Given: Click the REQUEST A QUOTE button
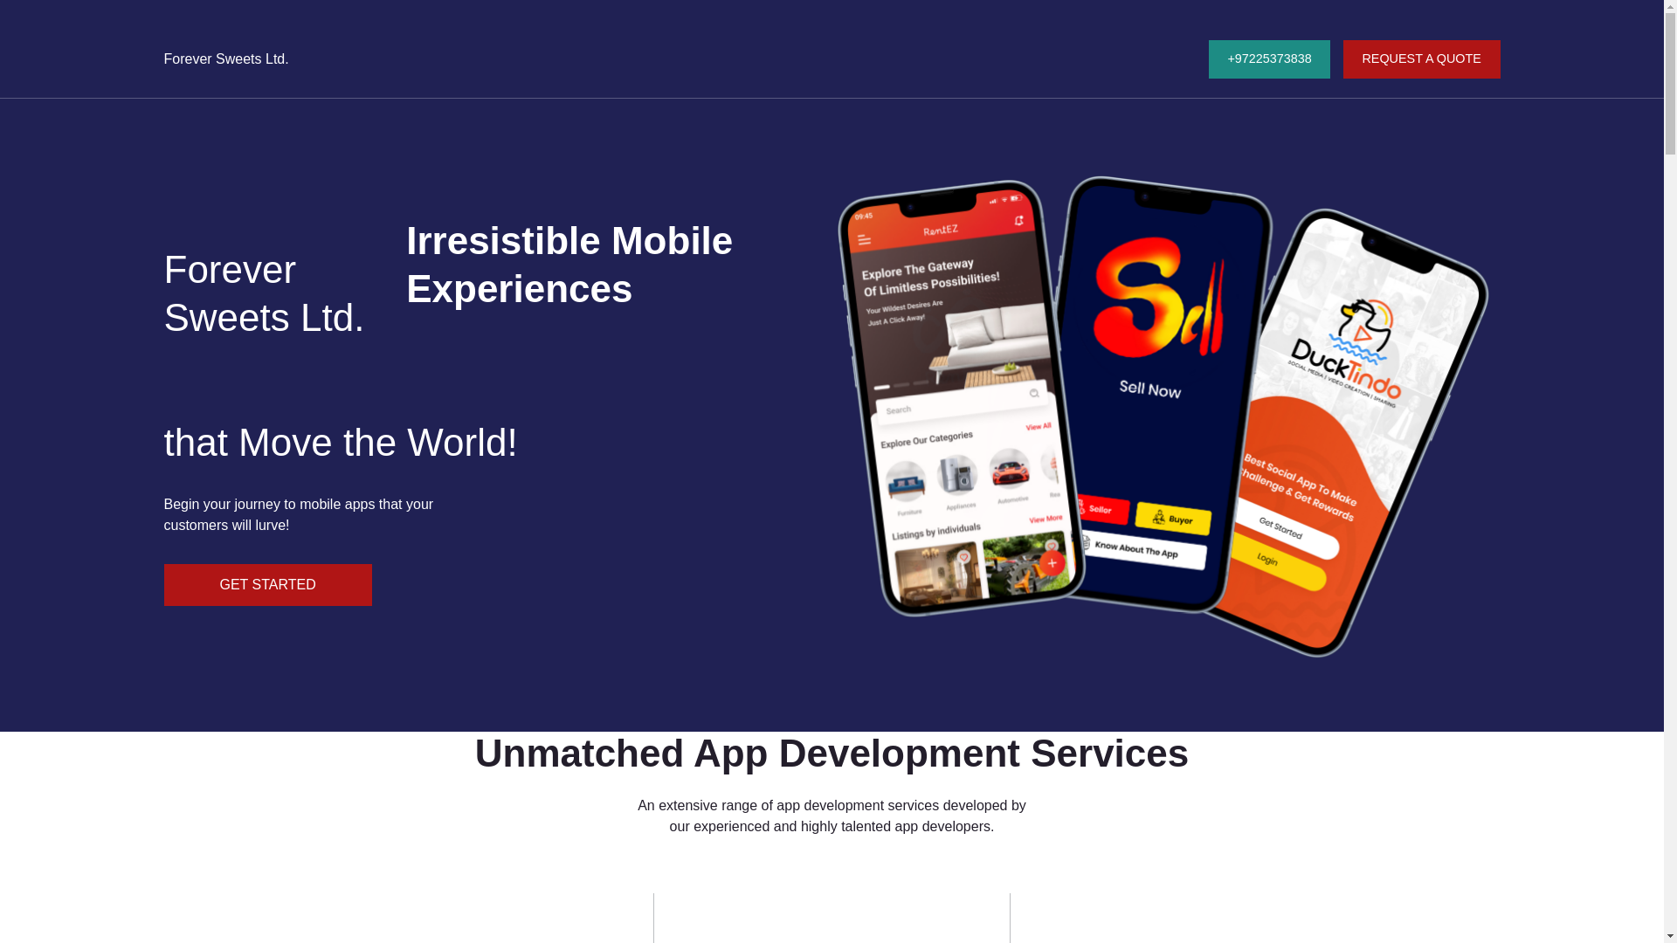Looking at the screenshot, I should [1421, 59].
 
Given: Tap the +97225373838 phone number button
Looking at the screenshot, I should [1268, 59].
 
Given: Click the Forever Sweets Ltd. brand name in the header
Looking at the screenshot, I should [226, 59].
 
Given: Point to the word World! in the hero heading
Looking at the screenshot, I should [462, 443].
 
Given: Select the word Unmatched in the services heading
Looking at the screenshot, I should [579, 754].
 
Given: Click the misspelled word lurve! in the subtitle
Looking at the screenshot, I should [273, 526].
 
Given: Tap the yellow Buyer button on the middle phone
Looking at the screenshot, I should [1173, 519].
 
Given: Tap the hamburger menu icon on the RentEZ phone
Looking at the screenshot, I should [864, 240].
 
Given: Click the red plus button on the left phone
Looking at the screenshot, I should [1052, 563].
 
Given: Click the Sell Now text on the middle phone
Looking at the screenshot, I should [1149, 389].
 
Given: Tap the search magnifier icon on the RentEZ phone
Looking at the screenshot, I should [1034, 394].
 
